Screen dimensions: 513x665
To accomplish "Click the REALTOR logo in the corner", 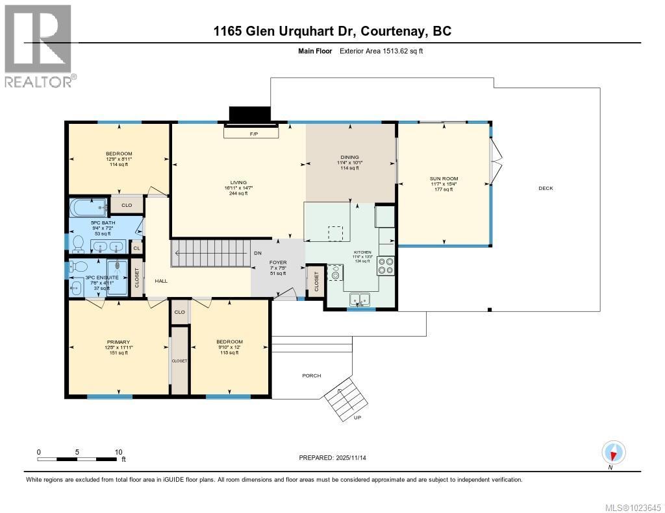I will pos(39,45).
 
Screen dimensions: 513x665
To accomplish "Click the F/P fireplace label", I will pos(254,134).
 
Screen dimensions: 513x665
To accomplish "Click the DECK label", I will pos(546,188).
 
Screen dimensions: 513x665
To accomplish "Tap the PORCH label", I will pos(312,376).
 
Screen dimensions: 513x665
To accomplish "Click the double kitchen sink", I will pos(359,299).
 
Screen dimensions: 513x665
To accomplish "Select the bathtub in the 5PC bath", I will pos(90,209).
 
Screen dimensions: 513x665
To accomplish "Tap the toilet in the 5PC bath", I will pos(78,243).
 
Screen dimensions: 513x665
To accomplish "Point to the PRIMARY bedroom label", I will pos(119,342).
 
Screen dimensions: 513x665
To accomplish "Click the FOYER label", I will pos(279,263).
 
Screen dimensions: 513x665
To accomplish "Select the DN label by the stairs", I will pos(257,254).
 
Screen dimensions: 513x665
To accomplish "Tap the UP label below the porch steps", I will pos(357,418).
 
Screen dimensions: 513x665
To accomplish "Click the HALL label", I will pos(161,281).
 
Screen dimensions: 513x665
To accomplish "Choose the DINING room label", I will pos(349,157).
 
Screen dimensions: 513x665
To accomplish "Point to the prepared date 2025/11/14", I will pos(337,458).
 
